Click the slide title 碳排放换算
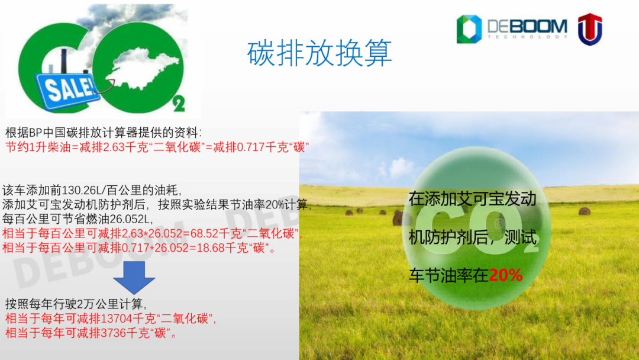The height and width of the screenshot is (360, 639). (x=319, y=53)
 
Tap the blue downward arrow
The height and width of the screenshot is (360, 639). (x=134, y=278)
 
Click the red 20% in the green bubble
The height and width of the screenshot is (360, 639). (x=505, y=275)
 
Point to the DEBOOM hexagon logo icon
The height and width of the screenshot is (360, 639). (x=469, y=29)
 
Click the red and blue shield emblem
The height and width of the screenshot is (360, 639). (x=590, y=29)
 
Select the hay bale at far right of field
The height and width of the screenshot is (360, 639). (x=585, y=211)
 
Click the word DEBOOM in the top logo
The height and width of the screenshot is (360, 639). (x=527, y=27)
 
